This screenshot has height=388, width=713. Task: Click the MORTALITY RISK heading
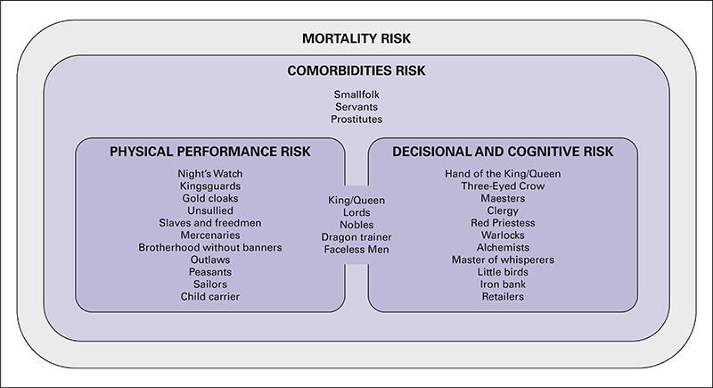pos(356,38)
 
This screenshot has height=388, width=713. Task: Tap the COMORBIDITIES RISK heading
pos(356,70)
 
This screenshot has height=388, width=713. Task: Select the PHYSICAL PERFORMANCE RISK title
pos(210,152)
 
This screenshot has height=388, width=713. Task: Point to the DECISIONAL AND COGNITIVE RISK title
pos(503,152)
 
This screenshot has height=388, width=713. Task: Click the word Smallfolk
pos(356,95)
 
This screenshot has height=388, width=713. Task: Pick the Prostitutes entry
pos(356,120)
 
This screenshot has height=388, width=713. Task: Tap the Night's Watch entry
pos(210,174)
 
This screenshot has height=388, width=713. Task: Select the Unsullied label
pos(210,211)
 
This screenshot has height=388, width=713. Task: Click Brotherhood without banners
pos(210,247)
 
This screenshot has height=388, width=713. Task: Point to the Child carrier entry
pos(210,296)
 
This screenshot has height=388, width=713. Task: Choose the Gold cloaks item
pos(210,198)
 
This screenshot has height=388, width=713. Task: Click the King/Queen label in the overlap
pos(356,200)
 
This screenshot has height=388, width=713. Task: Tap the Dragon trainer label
pos(356,237)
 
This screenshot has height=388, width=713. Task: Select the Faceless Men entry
pos(356,249)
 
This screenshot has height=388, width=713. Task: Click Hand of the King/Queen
pos(503,174)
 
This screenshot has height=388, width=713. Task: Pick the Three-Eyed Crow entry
pos(503,186)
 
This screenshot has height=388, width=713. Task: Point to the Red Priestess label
pos(503,223)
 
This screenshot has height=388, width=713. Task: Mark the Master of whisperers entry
pos(503,260)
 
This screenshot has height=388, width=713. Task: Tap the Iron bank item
pos(503,285)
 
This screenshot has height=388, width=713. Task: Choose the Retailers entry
pos(503,296)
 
